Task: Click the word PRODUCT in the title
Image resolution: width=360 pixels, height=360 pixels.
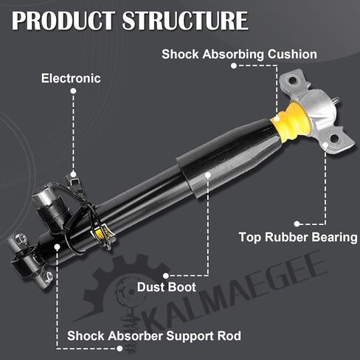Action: (63, 21)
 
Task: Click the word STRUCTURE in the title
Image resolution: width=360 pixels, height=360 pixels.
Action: (185, 21)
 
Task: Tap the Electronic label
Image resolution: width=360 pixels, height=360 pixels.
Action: (71, 78)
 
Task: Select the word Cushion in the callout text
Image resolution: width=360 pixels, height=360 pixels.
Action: (292, 54)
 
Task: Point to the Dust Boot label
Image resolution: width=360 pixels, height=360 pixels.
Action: (167, 287)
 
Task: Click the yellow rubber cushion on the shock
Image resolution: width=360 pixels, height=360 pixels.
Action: (291, 122)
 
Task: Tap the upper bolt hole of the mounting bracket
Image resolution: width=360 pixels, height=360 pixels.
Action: (292, 80)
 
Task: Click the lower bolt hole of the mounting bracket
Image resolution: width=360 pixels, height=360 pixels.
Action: (334, 139)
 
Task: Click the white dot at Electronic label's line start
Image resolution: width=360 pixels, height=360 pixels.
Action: (73, 91)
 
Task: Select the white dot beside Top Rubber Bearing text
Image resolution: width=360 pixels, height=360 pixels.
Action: (297, 224)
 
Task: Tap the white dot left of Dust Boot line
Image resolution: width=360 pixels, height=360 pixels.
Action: (166, 276)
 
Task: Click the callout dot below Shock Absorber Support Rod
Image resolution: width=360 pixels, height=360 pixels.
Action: (120, 348)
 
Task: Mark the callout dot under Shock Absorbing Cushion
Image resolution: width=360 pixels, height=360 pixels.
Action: (234, 66)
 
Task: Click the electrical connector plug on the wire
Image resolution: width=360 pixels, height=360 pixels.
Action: (73, 181)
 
